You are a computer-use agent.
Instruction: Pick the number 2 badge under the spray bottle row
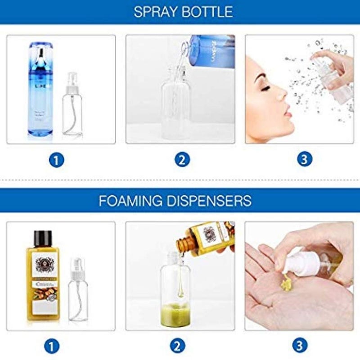click(180, 159)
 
